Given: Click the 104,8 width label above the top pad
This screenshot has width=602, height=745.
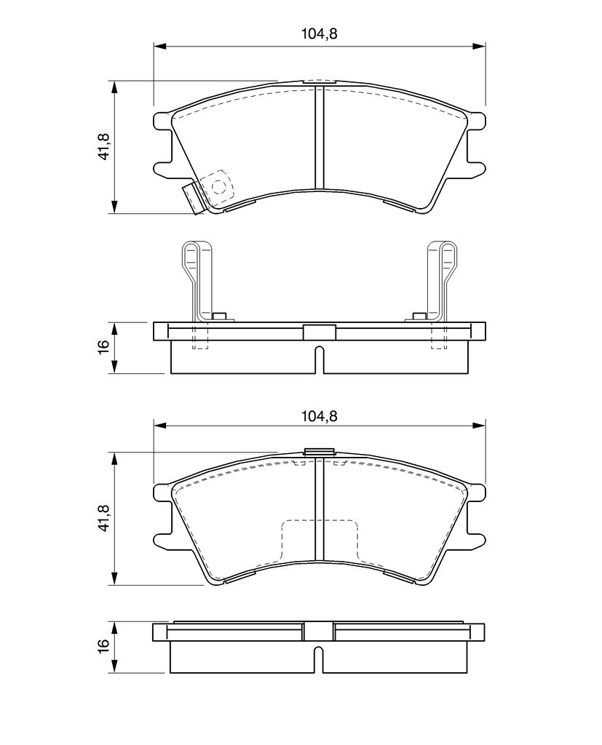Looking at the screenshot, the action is (x=319, y=33).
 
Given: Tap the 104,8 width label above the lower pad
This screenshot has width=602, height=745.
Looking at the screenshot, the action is (x=319, y=415).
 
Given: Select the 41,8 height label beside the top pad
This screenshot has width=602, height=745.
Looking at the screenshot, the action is (x=103, y=146).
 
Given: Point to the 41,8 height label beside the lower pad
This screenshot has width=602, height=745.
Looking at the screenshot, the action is (x=103, y=517).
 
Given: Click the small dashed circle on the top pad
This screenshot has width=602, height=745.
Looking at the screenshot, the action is (x=218, y=187).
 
